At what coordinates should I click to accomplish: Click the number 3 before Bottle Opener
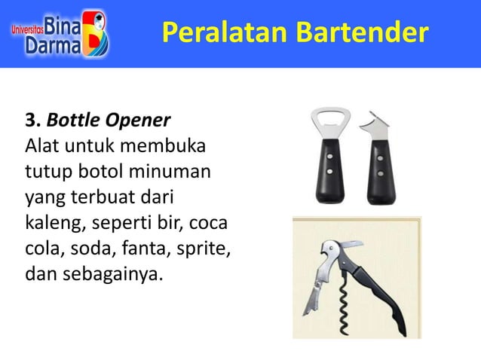31,121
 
